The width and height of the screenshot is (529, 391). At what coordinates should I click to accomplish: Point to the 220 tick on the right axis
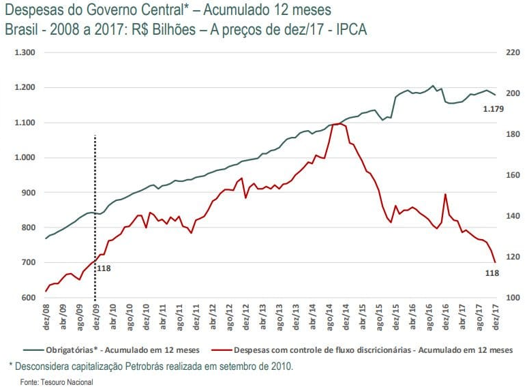pyautogui.click(x=511, y=52)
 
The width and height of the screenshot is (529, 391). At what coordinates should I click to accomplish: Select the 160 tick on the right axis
pyautogui.click(x=511, y=175)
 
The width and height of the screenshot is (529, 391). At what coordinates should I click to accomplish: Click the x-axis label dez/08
pyautogui.click(x=46, y=317)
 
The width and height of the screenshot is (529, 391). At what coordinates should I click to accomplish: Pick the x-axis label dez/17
pyautogui.click(x=496, y=317)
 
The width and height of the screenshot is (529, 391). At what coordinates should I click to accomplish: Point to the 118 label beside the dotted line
pyautogui.click(x=104, y=268)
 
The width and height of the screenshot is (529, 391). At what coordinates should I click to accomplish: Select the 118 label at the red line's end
pyautogui.click(x=492, y=273)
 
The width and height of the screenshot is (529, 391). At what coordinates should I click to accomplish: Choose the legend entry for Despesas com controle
pyautogui.click(x=372, y=351)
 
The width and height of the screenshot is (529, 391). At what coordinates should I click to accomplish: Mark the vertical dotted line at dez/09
pyautogui.click(x=95, y=204)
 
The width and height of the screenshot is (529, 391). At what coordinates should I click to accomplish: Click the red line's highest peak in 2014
pyautogui.click(x=339, y=124)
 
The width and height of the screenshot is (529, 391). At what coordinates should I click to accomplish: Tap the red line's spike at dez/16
pyautogui.click(x=445, y=194)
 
